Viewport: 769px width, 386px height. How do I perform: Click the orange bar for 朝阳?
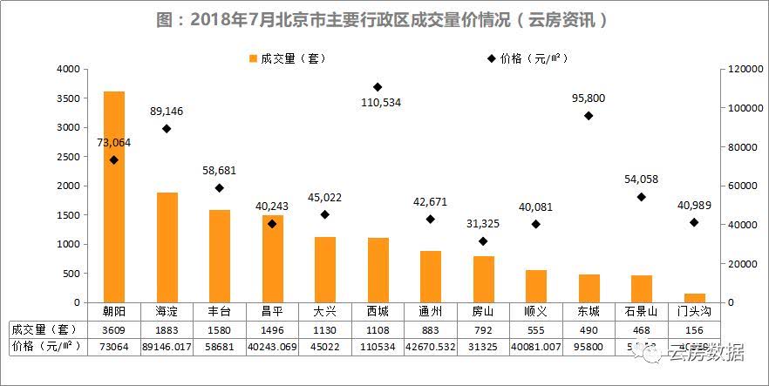click(114, 196)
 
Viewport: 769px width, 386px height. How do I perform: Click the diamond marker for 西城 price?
click(378, 87)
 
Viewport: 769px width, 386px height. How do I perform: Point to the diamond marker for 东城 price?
click(589, 116)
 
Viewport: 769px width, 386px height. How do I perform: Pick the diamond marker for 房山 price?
click(483, 241)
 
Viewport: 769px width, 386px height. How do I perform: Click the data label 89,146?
click(167, 112)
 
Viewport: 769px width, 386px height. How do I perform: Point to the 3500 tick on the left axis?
click(67, 98)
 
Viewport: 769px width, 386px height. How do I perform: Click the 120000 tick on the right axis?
click(739, 69)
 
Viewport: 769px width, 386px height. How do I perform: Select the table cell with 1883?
click(167, 329)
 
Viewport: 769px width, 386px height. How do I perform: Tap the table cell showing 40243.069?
click(272, 347)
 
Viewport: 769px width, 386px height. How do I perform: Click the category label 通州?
click(431, 311)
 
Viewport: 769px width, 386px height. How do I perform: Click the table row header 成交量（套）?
click(44, 329)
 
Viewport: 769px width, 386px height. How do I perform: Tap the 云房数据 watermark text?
click(704, 352)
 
